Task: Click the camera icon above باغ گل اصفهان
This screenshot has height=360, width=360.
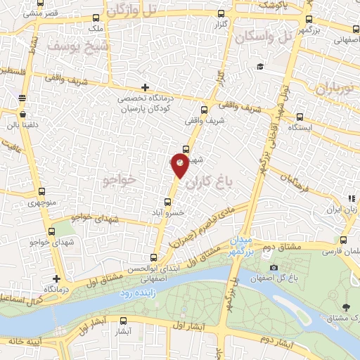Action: pyautogui.click(x=273, y=267)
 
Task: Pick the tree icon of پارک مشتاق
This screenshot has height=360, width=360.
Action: pyautogui.click(x=345, y=307)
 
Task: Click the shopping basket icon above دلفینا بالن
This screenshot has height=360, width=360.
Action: pyautogui.click(x=24, y=114)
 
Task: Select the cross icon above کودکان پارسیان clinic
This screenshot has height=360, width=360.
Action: pyautogui.click(x=145, y=88)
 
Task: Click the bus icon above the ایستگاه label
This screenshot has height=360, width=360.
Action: pyautogui.click(x=301, y=117)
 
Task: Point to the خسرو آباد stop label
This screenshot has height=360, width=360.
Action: pyautogui.click(x=169, y=212)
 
